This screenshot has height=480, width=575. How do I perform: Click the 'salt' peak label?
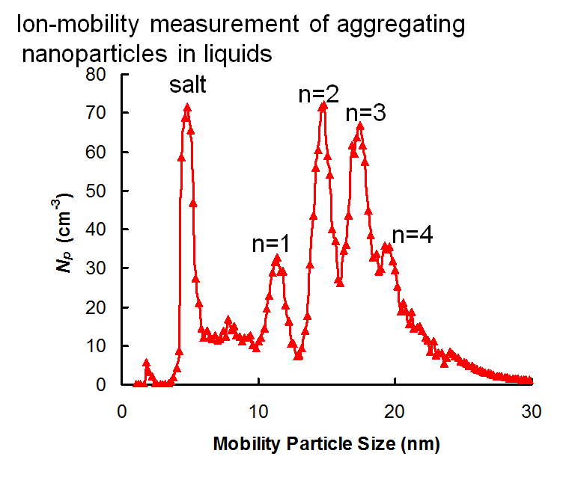coord(187,84)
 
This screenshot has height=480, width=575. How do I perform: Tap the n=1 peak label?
coord(270,244)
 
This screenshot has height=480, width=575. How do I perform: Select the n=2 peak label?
coord(319,94)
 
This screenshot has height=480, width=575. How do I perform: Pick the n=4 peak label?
coord(413,235)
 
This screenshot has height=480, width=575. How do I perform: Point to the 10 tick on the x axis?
coord(258,410)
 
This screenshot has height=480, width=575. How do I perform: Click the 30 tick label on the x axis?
coord(532,410)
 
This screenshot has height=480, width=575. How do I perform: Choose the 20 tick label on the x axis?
coord(395,410)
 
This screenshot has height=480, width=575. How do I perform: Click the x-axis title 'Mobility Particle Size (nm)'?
coord(326,444)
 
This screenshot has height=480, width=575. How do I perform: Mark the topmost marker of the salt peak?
coord(187,108)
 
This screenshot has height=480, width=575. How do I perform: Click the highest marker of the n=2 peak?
coord(323,105)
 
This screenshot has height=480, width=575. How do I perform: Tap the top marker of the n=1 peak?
coord(277,259)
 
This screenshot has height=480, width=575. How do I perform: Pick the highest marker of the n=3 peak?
coord(360,126)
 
